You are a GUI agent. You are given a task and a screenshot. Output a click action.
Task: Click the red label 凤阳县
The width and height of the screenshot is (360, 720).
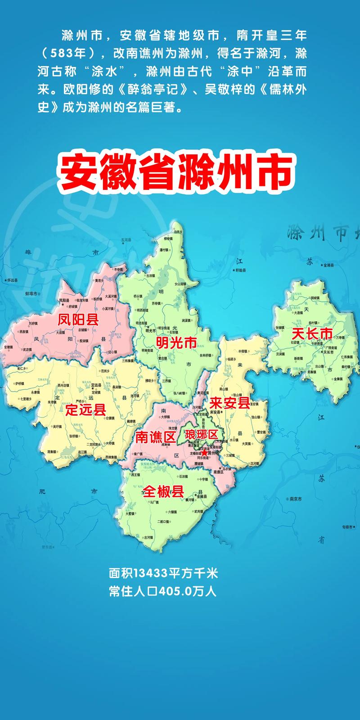[78, 320]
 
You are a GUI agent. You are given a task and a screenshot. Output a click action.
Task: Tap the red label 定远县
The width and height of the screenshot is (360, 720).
[85, 409]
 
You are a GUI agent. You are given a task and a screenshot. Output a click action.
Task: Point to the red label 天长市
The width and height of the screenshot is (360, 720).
[312, 333]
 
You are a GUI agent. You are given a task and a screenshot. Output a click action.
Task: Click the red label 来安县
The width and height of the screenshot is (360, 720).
[229, 403]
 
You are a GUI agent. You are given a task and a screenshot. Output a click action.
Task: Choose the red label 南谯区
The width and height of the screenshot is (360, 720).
[155, 437]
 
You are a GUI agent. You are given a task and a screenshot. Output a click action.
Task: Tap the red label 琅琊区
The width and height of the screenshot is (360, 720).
[201, 435]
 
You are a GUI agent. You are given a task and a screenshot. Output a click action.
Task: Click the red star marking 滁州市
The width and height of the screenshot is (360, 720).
[205, 454]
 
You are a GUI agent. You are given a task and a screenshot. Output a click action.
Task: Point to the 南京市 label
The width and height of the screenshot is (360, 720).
[295, 499]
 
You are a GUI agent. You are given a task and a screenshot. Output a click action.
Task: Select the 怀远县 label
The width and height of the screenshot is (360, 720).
[13, 280]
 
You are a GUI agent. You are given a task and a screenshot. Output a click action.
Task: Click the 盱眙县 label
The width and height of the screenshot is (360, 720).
[240, 270]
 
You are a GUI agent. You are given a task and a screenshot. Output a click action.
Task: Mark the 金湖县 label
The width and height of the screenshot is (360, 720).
[328, 265]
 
